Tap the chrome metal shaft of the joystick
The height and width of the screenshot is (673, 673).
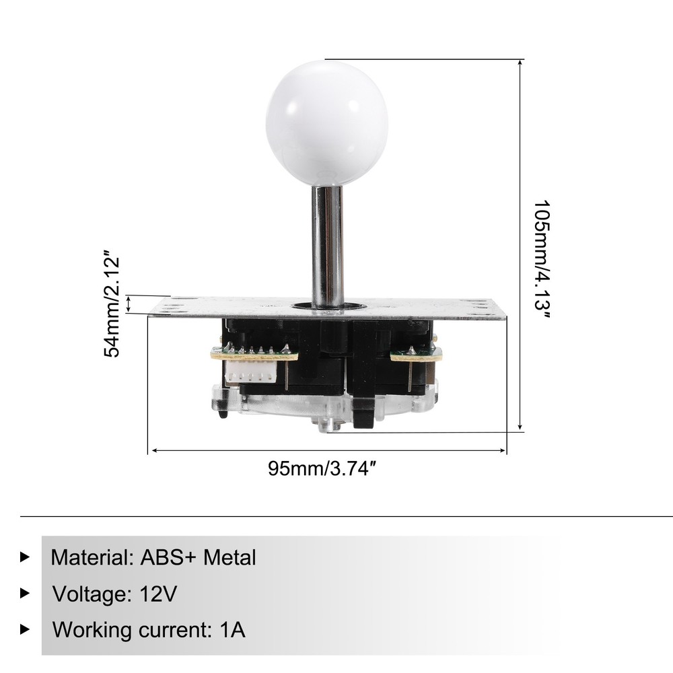pyautogui.click(x=327, y=246)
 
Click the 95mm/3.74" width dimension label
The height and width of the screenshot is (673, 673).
pyautogui.click(x=320, y=469)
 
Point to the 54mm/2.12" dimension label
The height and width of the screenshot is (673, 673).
pyautogui.click(x=112, y=306)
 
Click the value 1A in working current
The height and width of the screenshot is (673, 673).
pyautogui.click(x=232, y=630)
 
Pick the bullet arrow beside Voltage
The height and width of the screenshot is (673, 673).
pyautogui.click(x=26, y=593)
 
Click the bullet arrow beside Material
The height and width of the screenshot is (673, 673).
pyautogui.click(x=26, y=557)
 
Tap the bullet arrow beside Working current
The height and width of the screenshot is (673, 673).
pyautogui.click(x=26, y=629)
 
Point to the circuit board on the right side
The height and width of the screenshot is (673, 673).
pyautogui.click(x=416, y=355)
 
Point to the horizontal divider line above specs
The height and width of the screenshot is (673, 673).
pyautogui.click(x=336, y=516)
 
